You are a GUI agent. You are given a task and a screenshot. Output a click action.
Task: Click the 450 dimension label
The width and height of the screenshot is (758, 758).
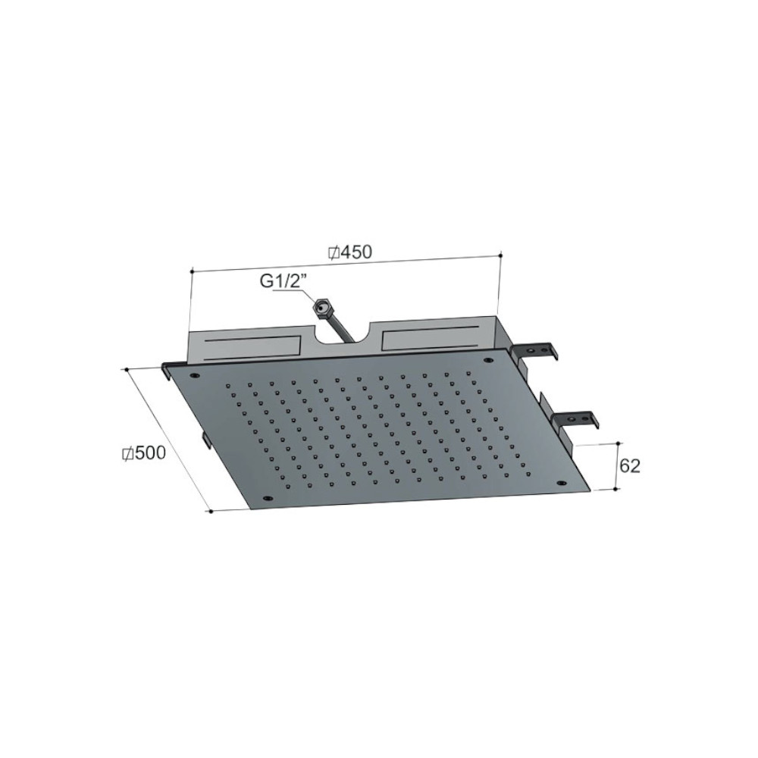pos(356,252)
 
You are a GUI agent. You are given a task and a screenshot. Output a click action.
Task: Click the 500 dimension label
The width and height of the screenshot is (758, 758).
pos(150,453)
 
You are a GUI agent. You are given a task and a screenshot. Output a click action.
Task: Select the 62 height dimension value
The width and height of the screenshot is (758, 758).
pos(629,465)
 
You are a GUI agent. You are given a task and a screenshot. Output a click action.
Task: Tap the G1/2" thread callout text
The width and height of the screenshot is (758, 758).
pos(281,281)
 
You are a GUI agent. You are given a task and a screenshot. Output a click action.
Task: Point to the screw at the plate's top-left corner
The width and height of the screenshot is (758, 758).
pos(196,376)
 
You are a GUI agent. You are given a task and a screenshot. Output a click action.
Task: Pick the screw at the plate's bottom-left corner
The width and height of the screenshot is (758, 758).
pos(266,498)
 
